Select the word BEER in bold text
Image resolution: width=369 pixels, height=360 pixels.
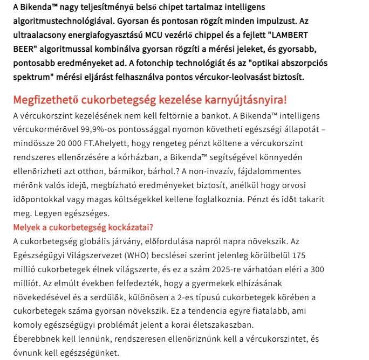[x=24, y=50]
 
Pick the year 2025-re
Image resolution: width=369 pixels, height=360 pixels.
[x=229, y=268]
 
